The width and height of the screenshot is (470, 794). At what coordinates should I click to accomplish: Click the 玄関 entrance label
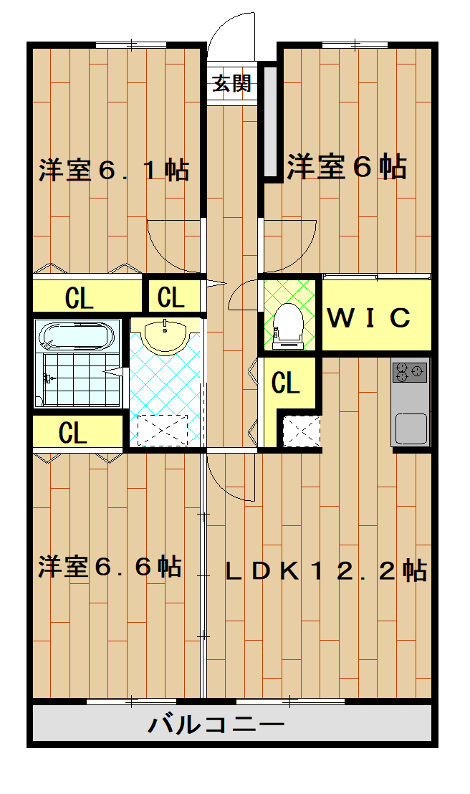[x=231, y=85]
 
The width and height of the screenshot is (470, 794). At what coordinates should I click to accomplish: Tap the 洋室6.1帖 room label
[x=113, y=171]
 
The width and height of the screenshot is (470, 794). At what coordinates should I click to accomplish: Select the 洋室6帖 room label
[x=347, y=166]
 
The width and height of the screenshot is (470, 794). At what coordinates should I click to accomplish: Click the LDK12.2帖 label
[x=326, y=570]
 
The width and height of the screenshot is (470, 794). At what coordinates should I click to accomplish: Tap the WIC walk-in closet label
[x=369, y=317]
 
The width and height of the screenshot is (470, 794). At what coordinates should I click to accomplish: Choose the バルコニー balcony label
[x=216, y=724]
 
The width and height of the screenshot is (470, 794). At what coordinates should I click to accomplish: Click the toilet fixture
[x=289, y=323]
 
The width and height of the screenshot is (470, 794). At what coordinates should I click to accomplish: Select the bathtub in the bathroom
[x=76, y=335]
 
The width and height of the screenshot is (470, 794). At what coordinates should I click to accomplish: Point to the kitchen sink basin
[x=411, y=429]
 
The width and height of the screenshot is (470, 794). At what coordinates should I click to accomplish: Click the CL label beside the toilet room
[x=285, y=384]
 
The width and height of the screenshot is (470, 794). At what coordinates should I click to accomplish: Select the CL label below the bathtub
[x=74, y=433]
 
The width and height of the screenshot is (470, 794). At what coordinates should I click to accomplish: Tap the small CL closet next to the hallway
[x=172, y=296]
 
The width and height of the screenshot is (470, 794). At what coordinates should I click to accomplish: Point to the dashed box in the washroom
[x=162, y=430]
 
